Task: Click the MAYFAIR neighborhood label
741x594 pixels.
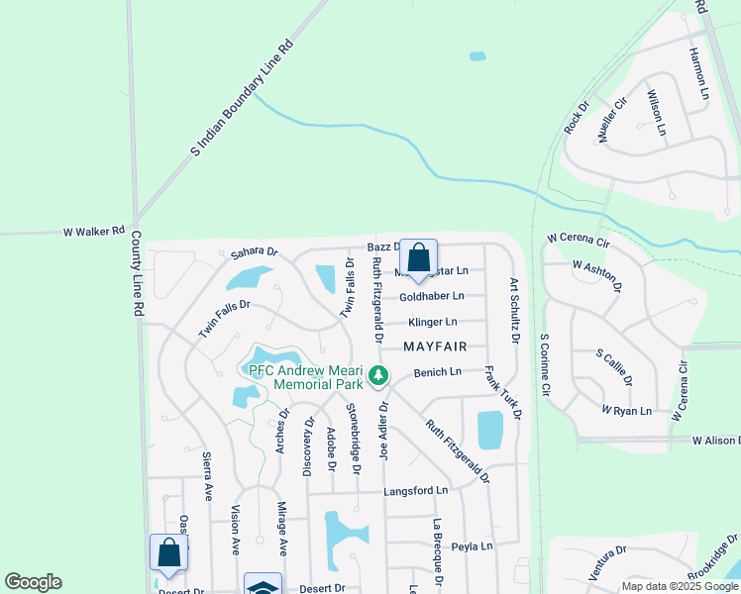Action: (x=434, y=346)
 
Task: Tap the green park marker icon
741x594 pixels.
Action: (x=377, y=375)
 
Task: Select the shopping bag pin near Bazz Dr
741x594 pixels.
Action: (x=418, y=259)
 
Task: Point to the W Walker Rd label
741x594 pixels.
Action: (x=93, y=232)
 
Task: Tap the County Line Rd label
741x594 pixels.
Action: (x=139, y=274)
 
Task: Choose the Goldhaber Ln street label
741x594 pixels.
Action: (x=432, y=296)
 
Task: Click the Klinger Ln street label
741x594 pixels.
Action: (x=433, y=322)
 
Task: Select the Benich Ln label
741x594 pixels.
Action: (x=438, y=372)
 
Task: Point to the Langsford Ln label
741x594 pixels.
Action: (x=416, y=490)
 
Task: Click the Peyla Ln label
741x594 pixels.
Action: (x=472, y=545)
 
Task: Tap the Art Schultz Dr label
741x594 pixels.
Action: (x=514, y=310)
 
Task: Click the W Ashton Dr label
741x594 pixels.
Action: (x=597, y=274)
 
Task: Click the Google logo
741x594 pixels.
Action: (x=33, y=582)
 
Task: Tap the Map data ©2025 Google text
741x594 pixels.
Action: (x=680, y=586)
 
